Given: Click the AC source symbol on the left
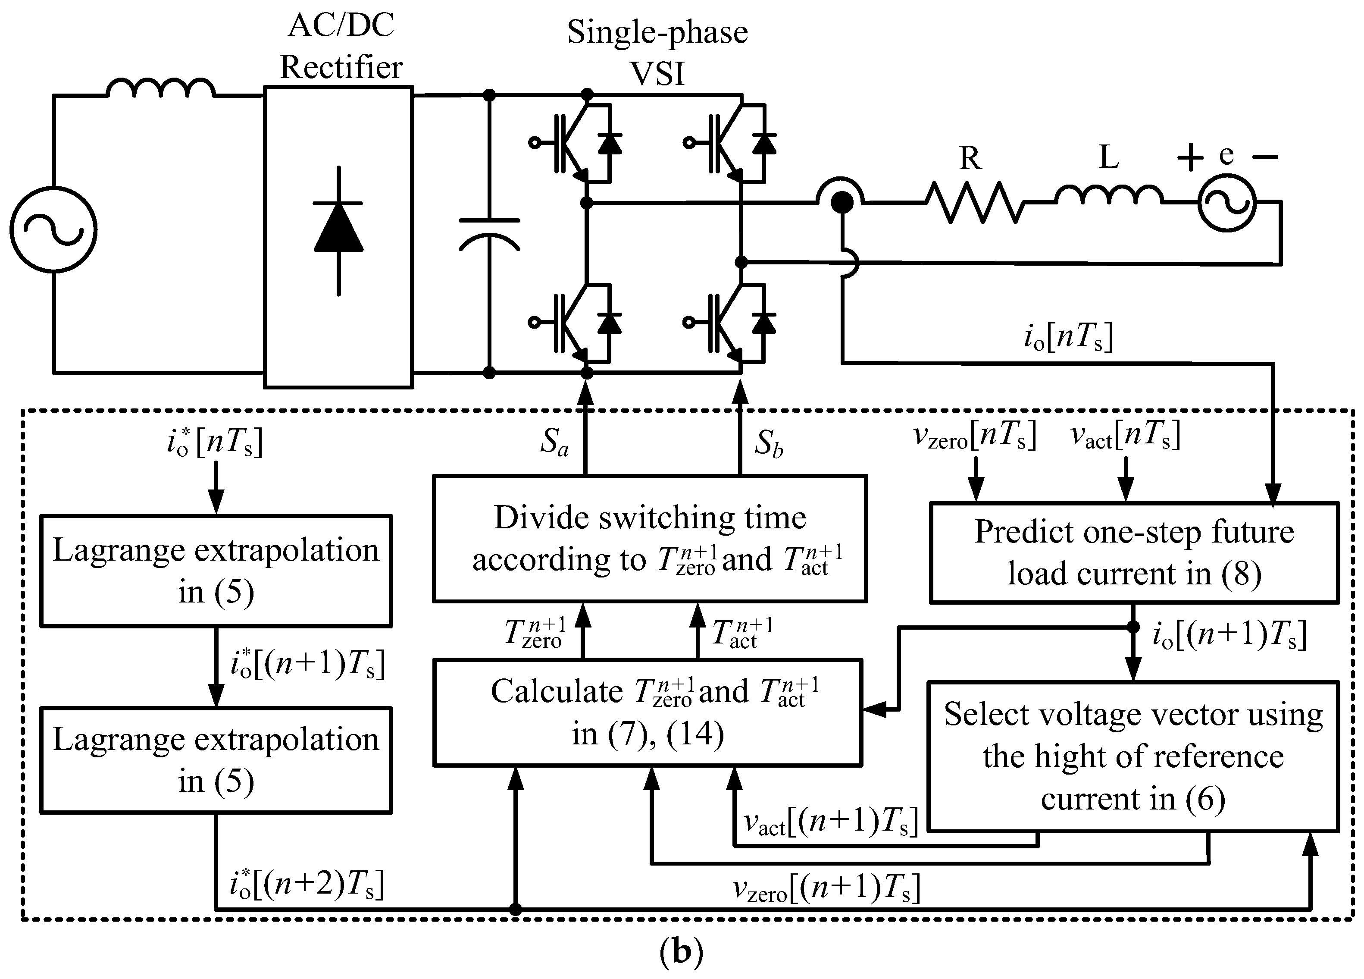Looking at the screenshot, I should [x=53, y=230].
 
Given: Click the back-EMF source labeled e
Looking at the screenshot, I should [x=1227, y=204].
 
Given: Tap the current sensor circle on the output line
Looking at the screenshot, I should [x=841, y=201].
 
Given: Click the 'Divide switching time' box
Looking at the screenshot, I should [x=650, y=539].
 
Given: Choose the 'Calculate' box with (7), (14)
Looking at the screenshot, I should [x=648, y=712].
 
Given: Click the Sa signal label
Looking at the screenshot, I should [x=553, y=443].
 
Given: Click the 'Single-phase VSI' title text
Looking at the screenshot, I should [x=657, y=53].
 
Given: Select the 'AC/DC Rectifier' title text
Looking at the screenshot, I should [x=341, y=46].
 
